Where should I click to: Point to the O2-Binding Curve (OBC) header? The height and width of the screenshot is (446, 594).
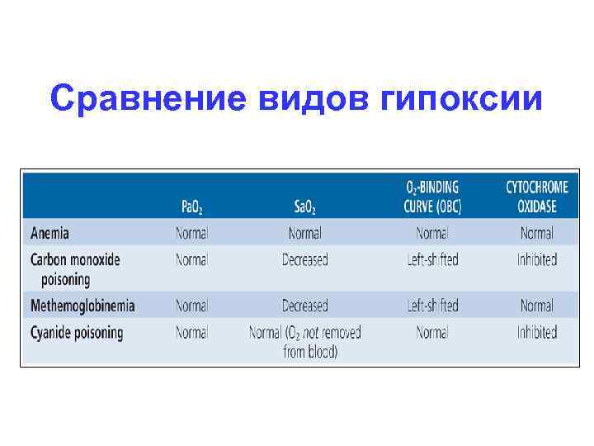coord(433,197)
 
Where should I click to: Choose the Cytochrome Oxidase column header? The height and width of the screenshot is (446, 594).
coord(537,197)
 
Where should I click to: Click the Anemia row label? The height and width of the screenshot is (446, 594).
coord(50,234)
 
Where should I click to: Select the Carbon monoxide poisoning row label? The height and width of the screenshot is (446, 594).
coord(75,269)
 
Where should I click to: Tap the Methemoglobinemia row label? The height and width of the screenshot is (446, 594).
coord(82,306)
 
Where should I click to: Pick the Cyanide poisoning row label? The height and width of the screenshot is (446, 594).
coord(77,333)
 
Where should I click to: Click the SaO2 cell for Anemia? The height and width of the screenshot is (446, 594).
coord(305,234)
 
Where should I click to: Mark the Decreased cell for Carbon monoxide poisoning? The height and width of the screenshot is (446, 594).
coord(305,260)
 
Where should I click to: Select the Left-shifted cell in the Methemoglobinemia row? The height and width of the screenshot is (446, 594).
coord(432,306)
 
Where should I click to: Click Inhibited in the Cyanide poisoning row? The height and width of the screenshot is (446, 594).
coord(537,333)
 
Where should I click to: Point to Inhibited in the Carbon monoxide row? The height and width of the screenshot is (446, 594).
coord(537,260)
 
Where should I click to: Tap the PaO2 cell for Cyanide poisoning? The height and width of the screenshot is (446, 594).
coord(191,333)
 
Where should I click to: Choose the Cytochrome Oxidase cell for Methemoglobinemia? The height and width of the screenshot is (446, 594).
coord(537,306)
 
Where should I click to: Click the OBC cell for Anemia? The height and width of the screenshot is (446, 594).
coord(432,234)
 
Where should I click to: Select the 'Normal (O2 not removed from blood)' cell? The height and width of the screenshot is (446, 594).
coord(305,342)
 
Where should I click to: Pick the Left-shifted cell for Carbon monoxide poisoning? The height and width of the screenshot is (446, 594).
coord(432,260)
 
